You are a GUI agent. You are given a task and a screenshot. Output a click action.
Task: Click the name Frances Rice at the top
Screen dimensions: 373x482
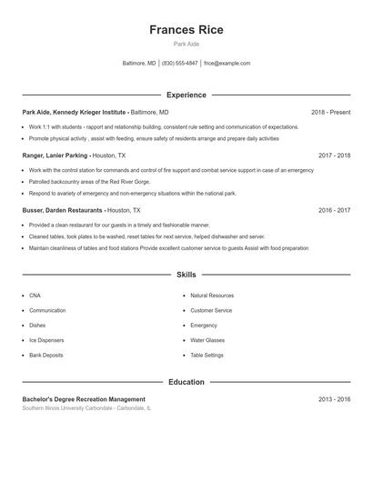click(186, 30)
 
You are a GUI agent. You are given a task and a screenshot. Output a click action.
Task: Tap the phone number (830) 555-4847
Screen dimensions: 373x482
click(179, 64)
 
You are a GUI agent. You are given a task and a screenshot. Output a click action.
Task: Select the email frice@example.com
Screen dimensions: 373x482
click(227, 64)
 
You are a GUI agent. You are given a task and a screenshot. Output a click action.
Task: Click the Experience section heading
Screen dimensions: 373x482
click(186, 95)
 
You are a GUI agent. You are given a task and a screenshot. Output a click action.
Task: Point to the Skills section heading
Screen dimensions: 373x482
click(186, 275)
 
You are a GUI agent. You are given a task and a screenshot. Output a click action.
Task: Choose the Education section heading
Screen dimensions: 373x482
click(186, 382)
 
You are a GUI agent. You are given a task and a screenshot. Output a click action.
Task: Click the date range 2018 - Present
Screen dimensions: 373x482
click(330, 112)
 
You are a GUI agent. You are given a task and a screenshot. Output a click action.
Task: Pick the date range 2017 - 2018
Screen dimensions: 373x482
click(334, 156)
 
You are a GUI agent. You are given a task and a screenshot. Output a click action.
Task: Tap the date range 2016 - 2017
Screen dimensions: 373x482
click(334, 210)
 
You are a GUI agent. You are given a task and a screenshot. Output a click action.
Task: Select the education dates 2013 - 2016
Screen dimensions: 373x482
click(334, 399)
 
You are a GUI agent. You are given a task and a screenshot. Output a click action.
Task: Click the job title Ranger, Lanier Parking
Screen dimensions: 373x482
click(55, 156)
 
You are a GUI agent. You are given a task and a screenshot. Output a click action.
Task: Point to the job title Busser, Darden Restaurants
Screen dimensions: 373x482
click(62, 210)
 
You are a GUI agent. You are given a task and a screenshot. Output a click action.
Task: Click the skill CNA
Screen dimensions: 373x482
click(35, 296)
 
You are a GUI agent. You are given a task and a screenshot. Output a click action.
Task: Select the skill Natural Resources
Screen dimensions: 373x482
click(212, 296)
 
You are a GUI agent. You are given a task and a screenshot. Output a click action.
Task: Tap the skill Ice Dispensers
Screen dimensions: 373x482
click(45, 340)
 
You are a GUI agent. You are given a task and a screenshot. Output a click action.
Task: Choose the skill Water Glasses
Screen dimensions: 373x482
click(207, 340)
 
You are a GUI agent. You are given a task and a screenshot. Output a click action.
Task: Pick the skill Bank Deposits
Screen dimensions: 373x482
click(46, 355)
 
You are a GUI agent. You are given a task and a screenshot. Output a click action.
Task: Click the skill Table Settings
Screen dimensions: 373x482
click(207, 355)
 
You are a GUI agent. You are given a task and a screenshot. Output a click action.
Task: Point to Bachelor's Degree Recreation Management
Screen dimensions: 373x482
click(84, 399)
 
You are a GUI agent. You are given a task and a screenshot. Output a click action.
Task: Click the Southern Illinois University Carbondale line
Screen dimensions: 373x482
click(86, 408)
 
